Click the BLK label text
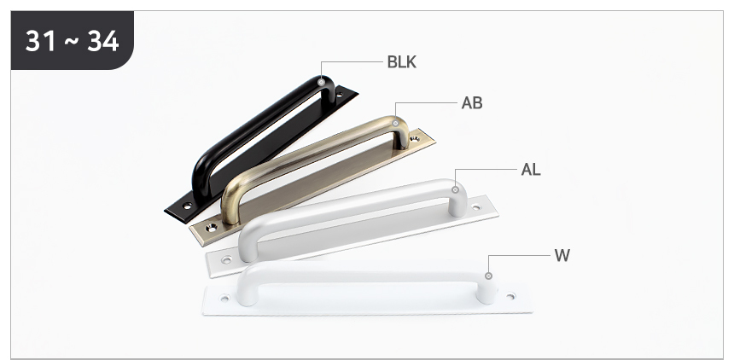(401, 61)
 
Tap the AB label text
(472, 103)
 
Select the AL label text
(531, 170)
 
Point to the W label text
(562, 256)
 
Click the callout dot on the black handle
(321, 83)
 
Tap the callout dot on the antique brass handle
(395, 124)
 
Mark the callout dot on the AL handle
(455, 189)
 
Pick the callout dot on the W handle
(488, 276)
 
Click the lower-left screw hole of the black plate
(187, 206)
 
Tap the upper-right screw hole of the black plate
(340, 96)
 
